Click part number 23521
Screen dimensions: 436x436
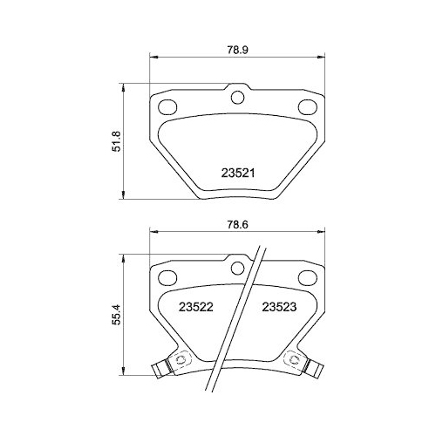coord(235,173)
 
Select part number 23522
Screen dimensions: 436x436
coord(195,307)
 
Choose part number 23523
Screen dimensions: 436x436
coord(280,307)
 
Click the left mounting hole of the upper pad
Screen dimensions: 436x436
coord(167,107)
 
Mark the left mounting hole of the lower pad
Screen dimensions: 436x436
coord(167,277)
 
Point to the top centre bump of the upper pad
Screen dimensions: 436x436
coord(236,92)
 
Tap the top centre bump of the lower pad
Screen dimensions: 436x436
coord(236,260)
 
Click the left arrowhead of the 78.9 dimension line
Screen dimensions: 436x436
coord(154,58)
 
